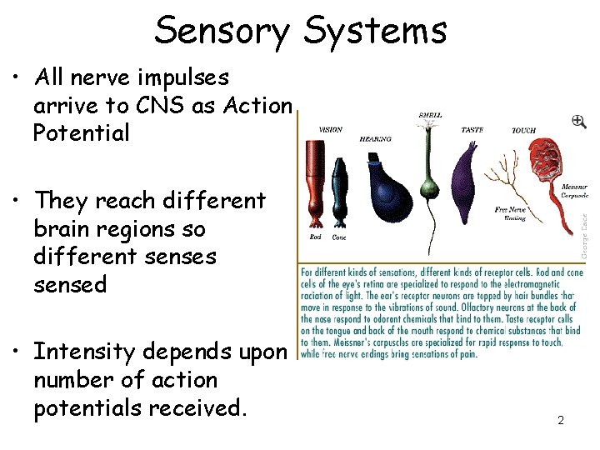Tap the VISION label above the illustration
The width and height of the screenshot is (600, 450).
(x=330, y=129)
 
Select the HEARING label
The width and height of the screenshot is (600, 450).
(x=375, y=139)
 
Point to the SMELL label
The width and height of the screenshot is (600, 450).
(x=430, y=114)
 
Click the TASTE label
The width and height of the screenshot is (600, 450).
(x=472, y=130)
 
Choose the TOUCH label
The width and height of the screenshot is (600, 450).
(x=523, y=131)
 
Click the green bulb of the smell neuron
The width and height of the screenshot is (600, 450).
(x=431, y=187)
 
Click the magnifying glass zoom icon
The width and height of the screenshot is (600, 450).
(x=578, y=122)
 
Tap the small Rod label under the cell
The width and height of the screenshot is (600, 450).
(x=315, y=237)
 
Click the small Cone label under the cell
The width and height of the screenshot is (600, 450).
(x=339, y=237)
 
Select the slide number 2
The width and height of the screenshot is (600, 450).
(x=561, y=421)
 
